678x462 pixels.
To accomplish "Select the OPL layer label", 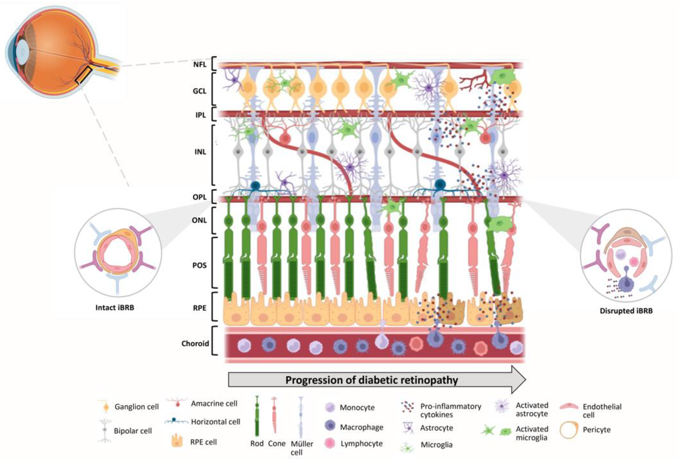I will pyautogui.click(x=199, y=197).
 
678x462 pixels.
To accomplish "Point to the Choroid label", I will pyautogui.click(x=195, y=343).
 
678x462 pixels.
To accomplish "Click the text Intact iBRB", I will pyautogui.click(x=115, y=308).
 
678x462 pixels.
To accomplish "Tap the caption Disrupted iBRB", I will pyautogui.click(x=626, y=311).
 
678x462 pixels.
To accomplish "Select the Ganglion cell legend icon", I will pyautogui.click(x=106, y=407).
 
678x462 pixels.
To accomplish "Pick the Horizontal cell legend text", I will pyautogui.click(x=215, y=422).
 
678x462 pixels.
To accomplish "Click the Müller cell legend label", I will pyautogui.click(x=302, y=448).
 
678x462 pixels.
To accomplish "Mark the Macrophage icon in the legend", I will pyautogui.click(x=330, y=426).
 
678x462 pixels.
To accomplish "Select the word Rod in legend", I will pyautogui.click(x=257, y=444).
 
